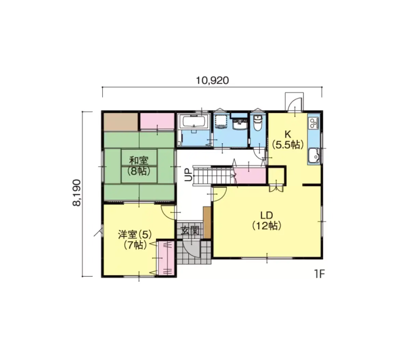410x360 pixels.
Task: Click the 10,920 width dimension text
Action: (x=212, y=81)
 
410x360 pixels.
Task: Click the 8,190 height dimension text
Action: (x=77, y=192)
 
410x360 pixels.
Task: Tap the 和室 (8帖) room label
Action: (x=139, y=166)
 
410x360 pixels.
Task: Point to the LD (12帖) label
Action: (x=266, y=221)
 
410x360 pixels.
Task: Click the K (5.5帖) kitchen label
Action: (x=288, y=140)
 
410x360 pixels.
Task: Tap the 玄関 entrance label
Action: (x=190, y=230)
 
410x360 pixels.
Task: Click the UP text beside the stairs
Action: (x=188, y=175)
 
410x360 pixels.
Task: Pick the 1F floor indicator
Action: (x=319, y=274)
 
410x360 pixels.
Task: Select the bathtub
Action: (x=194, y=121)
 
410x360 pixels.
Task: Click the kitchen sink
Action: (x=314, y=156)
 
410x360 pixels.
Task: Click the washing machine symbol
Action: (x=221, y=122)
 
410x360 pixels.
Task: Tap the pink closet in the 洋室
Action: (x=166, y=258)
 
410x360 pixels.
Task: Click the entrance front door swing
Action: (x=191, y=249)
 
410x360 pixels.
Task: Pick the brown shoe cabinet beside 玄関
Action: (x=207, y=222)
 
